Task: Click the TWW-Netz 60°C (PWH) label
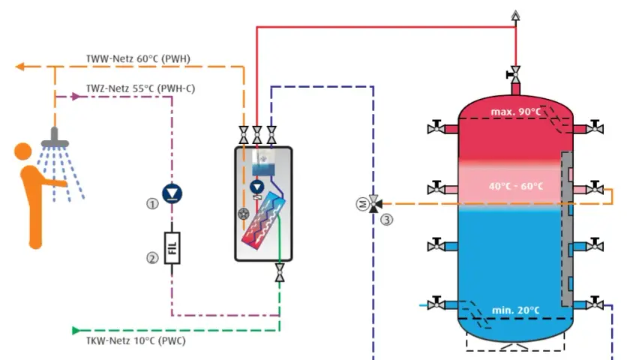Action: click(138, 58)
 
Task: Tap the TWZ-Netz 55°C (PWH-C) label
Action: click(141, 88)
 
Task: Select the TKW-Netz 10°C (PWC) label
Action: click(136, 340)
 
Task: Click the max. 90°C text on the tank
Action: click(516, 112)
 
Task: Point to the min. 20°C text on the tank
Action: click(516, 310)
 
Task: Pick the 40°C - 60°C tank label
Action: click(516, 187)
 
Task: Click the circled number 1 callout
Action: click(152, 204)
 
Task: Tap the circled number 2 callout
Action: click(152, 258)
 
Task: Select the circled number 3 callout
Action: click(386, 220)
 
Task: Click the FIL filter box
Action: click(172, 248)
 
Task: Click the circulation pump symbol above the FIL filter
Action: click(172, 193)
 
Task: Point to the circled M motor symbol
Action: click(362, 205)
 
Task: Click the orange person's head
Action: click(23, 151)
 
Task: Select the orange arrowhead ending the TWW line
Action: click(19, 67)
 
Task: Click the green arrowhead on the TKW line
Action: click(76, 331)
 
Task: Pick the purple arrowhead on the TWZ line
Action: click(76, 97)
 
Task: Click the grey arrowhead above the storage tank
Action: click(516, 15)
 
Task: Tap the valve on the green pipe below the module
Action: click(280, 272)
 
